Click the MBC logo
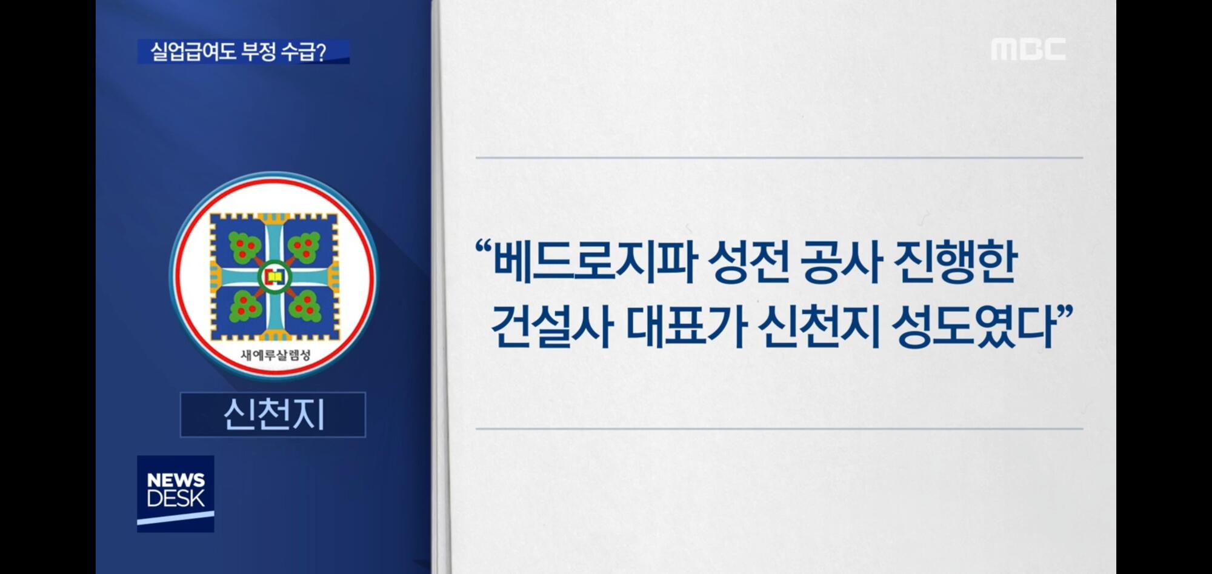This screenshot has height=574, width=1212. [x=1028, y=49]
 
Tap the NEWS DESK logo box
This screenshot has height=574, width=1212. [x=175, y=493]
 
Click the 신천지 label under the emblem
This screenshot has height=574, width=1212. [x=273, y=415]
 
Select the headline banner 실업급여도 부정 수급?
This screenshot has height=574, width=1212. [x=243, y=52]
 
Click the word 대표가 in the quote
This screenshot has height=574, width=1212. [x=685, y=327]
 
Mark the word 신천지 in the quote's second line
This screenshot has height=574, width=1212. [x=819, y=327]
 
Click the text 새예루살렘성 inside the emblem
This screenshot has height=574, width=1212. [x=275, y=355]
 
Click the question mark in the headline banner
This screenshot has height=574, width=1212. [x=321, y=52]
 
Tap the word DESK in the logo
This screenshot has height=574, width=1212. [x=176, y=499]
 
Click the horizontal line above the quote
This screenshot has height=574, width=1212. [x=779, y=158]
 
